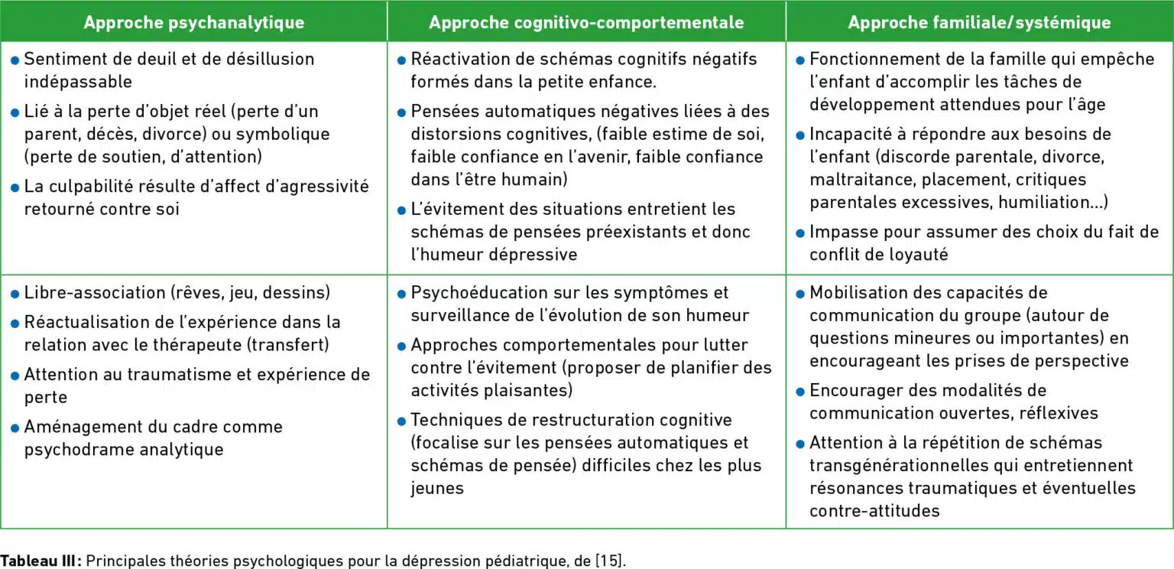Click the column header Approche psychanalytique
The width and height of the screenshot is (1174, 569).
coord(193,22)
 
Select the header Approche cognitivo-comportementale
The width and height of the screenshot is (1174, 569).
coord(586,22)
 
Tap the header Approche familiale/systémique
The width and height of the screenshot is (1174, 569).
coord(979,22)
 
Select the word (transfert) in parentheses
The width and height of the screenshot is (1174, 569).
coord(287,344)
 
